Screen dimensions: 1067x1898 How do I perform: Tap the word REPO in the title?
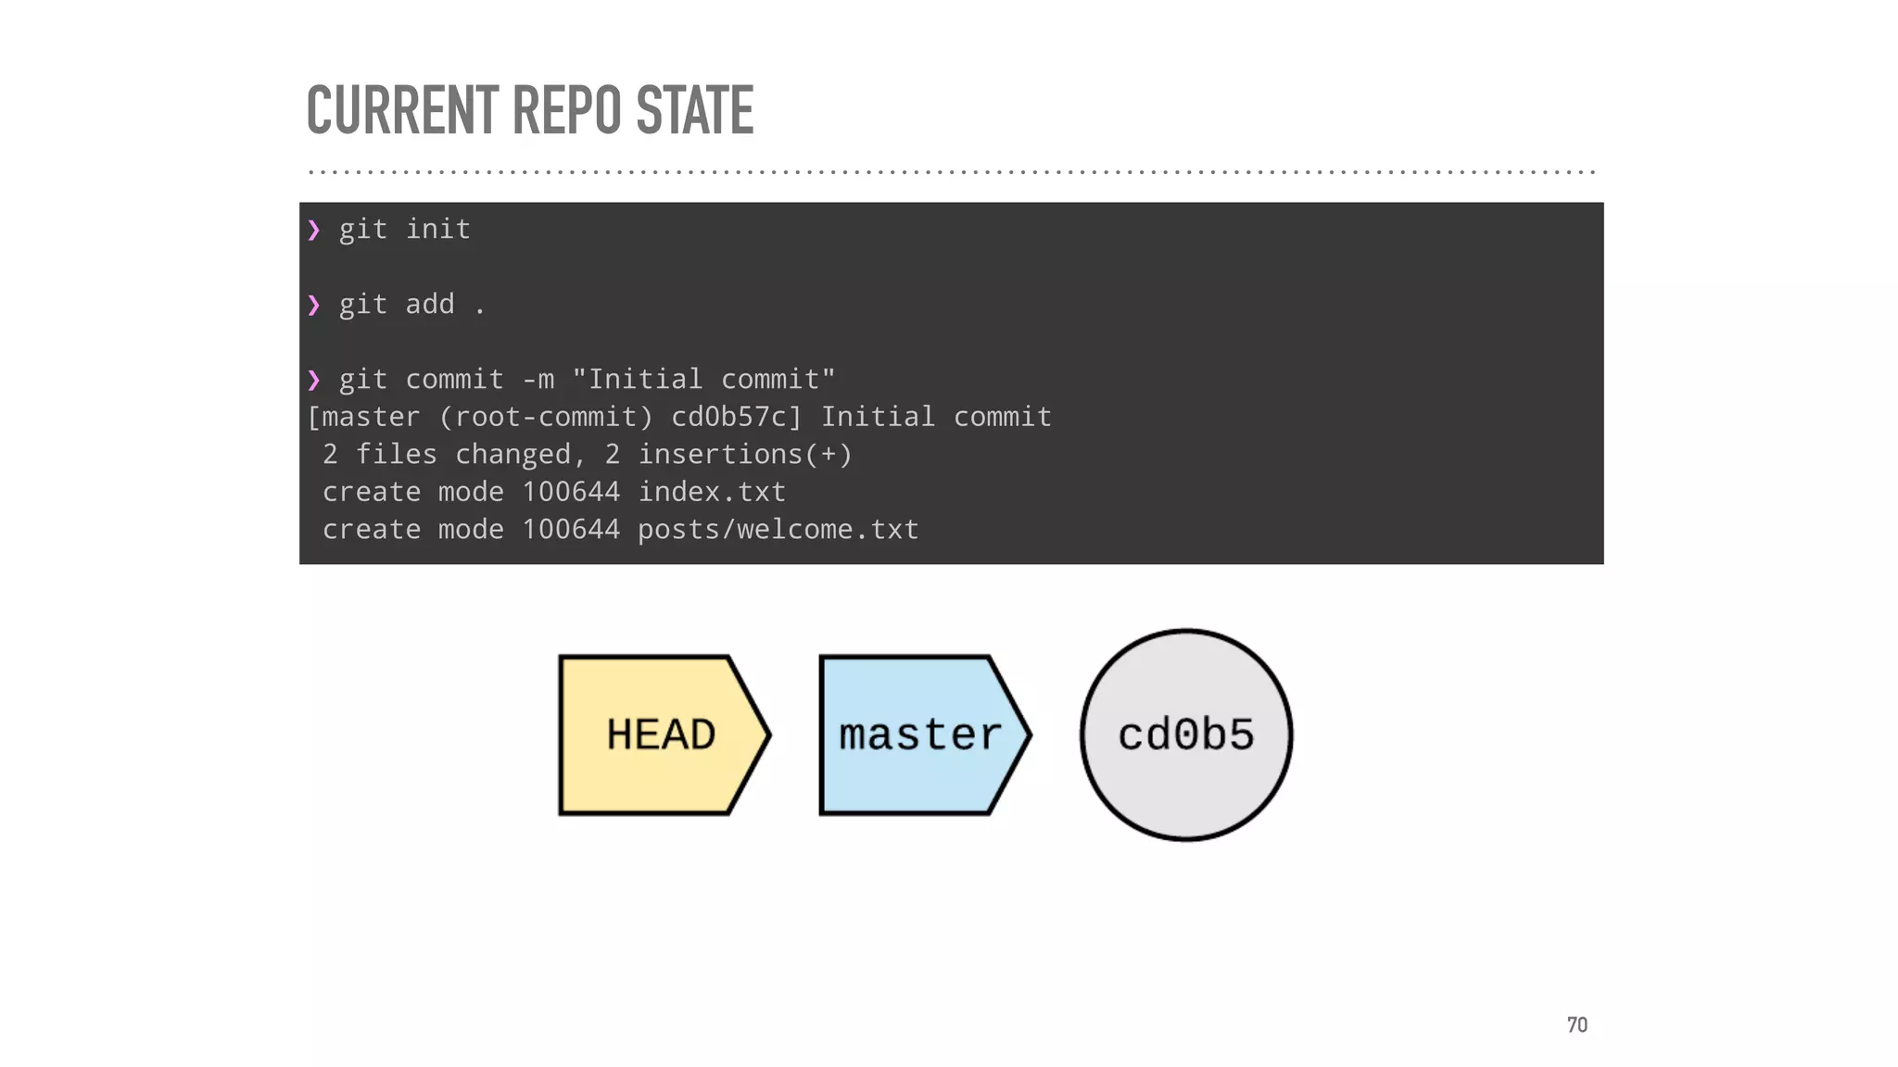click(566, 110)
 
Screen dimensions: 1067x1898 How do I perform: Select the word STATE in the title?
click(695, 110)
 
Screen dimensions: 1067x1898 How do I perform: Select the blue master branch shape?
click(921, 735)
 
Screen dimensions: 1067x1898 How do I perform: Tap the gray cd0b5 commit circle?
click(1186, 735)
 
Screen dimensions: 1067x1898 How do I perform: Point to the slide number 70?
click(1576, 1024)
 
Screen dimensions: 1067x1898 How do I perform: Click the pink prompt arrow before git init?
click(314, 230)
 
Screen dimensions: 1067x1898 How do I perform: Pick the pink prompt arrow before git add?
click(314, 305)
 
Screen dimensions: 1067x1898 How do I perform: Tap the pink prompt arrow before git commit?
click(314, 380)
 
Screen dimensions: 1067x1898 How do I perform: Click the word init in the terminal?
click(438, 230)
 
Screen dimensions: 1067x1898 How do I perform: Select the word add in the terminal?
click(430, 305)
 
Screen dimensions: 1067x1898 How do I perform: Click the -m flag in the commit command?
click(538, 380)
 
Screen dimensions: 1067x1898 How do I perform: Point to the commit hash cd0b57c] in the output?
click(736, 417)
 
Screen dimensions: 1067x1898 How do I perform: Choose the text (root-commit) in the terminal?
click(546, 417)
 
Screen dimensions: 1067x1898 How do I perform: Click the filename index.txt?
click(712, 492)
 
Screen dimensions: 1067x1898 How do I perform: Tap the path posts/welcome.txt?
click(778, 530)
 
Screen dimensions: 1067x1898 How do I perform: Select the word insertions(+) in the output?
click(745, 455)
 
